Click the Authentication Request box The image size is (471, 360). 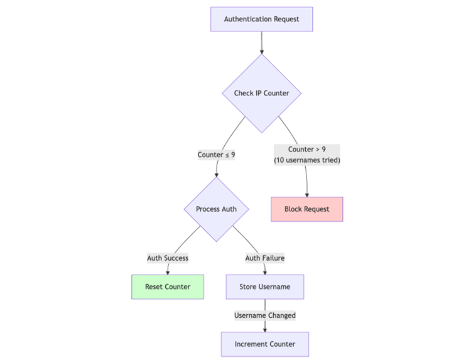tap(261, 19)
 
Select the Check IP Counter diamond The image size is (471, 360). tap(261, 94)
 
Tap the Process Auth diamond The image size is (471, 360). tap(216, 209)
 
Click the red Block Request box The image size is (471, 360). tap(306, 209)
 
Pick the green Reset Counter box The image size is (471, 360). tap(168, 286)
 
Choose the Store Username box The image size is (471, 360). tap(264, 286)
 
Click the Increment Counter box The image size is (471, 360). tap(264, 344)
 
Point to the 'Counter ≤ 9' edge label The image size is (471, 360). tap(216, 155)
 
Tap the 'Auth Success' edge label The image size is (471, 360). tap(168, 258)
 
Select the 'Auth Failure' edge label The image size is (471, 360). tap(264, 258)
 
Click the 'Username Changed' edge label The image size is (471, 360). tap(264, 315)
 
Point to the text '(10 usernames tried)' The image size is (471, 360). tap(306, 160)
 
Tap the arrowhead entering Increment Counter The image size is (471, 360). tap(264, 329)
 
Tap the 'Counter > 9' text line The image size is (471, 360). tap(306, 150)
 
